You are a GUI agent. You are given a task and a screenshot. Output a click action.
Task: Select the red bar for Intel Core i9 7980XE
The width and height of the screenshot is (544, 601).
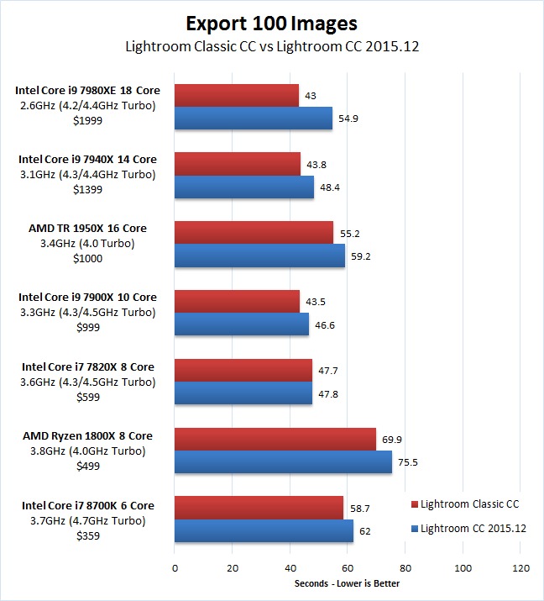pos(237,96)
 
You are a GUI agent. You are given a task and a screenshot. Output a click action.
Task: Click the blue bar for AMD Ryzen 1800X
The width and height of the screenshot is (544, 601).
pos(283,462)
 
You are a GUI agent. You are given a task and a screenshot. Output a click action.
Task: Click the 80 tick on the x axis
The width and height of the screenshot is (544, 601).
pos(405,567)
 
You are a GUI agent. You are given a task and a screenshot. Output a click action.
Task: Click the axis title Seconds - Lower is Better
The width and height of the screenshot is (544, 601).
pos(347,583)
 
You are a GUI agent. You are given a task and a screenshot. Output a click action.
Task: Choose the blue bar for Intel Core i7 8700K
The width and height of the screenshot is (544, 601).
pos(264,531)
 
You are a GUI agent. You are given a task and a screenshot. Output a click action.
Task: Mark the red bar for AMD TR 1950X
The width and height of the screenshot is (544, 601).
pos(254,233)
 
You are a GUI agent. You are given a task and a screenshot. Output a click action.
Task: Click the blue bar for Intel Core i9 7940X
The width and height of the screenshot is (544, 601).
pos(244,187)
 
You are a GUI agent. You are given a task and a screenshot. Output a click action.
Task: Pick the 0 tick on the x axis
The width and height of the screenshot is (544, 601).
pos(175,567)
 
